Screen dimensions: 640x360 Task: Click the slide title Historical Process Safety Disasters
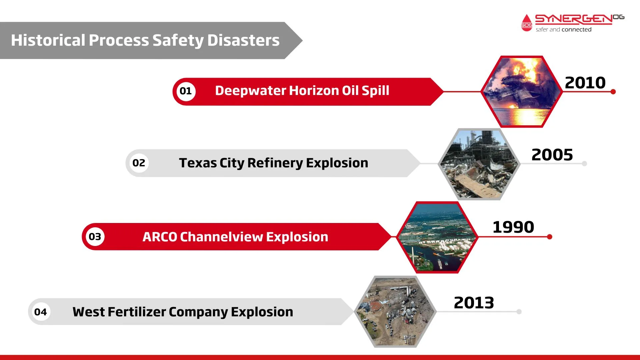click(145, 40)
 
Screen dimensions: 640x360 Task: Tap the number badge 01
click(186, 91)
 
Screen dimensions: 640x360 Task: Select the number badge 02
click(139, 163)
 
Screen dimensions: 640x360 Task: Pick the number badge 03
click(95, 237)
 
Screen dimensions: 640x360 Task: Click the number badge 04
click(41, 312)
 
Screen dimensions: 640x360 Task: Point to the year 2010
click(585, 83)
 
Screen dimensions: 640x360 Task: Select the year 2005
click(552, 155)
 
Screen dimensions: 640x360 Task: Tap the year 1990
click(513, 227)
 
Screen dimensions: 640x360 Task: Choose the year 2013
click(474, 303)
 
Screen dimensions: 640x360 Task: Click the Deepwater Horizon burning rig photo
click(522, 92)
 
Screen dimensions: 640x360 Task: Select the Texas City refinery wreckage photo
click(479, 164)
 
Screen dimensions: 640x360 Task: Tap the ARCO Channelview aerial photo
click(437, 237)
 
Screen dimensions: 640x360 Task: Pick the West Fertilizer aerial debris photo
click(395, 312)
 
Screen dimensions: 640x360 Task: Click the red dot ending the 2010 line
click(613, 92)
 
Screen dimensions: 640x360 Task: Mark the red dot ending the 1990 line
click(550, 237)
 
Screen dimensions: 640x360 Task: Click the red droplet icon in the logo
click(527, 23)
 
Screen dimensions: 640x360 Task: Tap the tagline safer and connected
click(564, 30)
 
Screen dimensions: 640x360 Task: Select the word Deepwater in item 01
click(251, 91)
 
